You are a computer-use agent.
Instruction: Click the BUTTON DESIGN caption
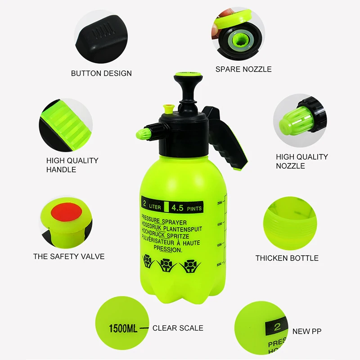(101, 73)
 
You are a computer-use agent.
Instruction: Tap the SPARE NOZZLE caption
(243, 69)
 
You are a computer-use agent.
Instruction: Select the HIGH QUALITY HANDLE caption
(72, 165)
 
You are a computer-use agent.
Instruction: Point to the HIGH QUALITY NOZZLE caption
(301, 161)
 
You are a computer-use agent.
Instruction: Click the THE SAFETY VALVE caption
(69, 256)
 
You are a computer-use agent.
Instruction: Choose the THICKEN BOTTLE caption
(287, 258)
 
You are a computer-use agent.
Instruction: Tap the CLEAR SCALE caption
(178, 328)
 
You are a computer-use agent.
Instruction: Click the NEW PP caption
(307, 332)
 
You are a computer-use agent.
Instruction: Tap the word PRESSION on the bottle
(168, 248)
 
